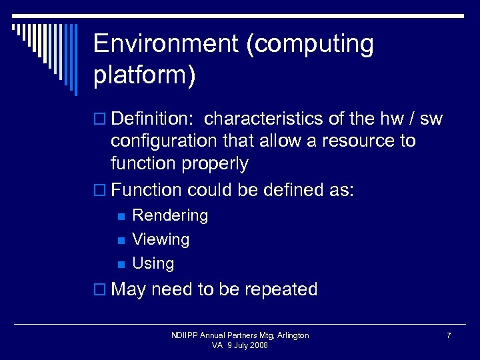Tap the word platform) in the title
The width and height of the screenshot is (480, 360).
pos(145,75)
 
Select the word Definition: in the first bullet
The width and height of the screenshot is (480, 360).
pos(153,119)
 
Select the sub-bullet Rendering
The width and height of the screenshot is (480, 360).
pos(170,215)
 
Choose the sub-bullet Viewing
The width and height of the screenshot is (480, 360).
pos(161,239)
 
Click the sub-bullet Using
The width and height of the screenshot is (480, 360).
pos(153,263)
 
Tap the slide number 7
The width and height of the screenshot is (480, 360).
pos(449,335)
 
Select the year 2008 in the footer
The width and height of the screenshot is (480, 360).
pos(259,345)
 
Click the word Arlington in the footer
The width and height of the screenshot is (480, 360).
pos(291,335)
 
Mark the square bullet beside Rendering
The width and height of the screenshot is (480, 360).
pos(120,216)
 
